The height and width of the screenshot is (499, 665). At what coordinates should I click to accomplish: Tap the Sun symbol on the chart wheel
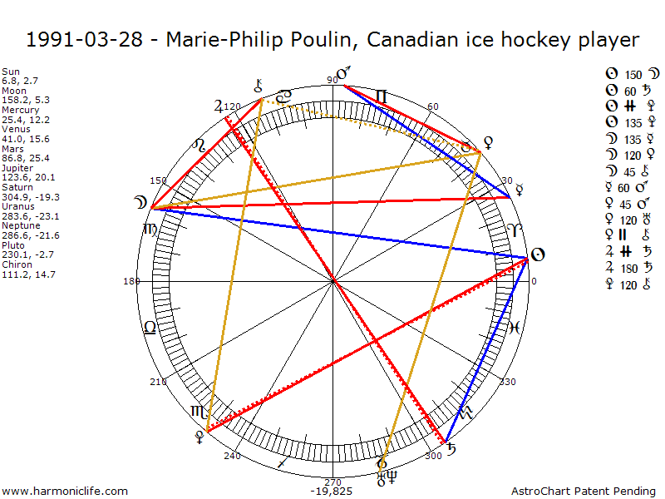(x=537, y=254)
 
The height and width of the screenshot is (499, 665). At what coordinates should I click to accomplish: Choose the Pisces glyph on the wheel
(x=515, y=327)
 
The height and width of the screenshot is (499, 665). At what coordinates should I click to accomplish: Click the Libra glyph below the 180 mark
(x=150, y=327)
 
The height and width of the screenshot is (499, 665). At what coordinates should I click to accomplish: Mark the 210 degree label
(x=158, y=382)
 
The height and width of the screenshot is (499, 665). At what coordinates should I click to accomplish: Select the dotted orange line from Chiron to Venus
(x=370, y=125)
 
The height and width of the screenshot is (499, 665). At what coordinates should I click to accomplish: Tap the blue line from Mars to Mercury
(x=424, y=141)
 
